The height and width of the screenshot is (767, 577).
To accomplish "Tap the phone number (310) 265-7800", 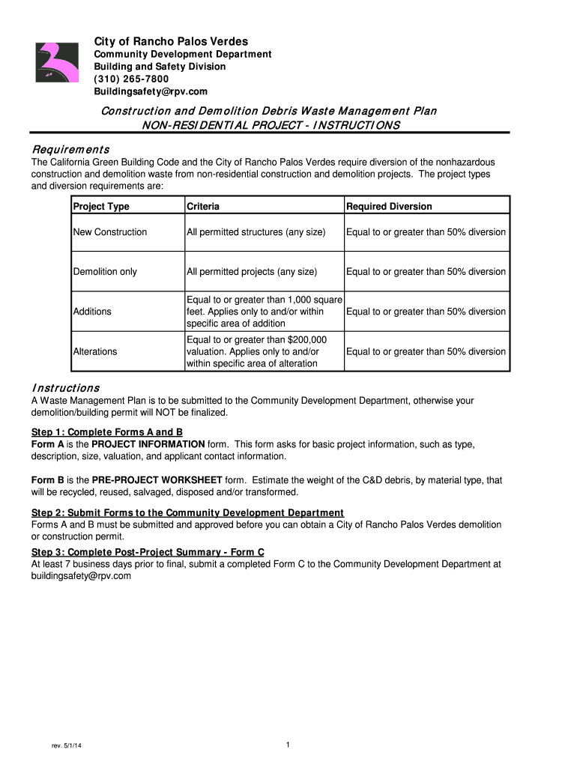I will click(130, 79).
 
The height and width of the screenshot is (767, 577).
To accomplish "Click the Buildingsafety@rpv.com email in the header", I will click(150, 91).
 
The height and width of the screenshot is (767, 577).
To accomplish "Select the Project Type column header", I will click(101, 206).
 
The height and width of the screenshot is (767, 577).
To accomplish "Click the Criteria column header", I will click(203, 206).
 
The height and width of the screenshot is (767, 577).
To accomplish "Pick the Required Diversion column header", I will click(389, 206).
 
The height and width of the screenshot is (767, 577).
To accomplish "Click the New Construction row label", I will click(110, 232).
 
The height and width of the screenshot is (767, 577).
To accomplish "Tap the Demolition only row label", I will click(105, 272).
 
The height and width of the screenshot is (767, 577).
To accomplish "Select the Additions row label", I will click(92, 312).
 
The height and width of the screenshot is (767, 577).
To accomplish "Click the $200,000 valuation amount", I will click(306, 339).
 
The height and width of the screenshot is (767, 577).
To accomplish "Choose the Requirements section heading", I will click(70, 149).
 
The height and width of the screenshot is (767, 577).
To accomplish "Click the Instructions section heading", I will click(65, 388).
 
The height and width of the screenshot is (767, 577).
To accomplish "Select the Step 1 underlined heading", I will click(107, 432).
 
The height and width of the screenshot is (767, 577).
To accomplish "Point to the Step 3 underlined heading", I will click(148, 552).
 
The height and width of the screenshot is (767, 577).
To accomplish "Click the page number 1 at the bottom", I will click(288, 744).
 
